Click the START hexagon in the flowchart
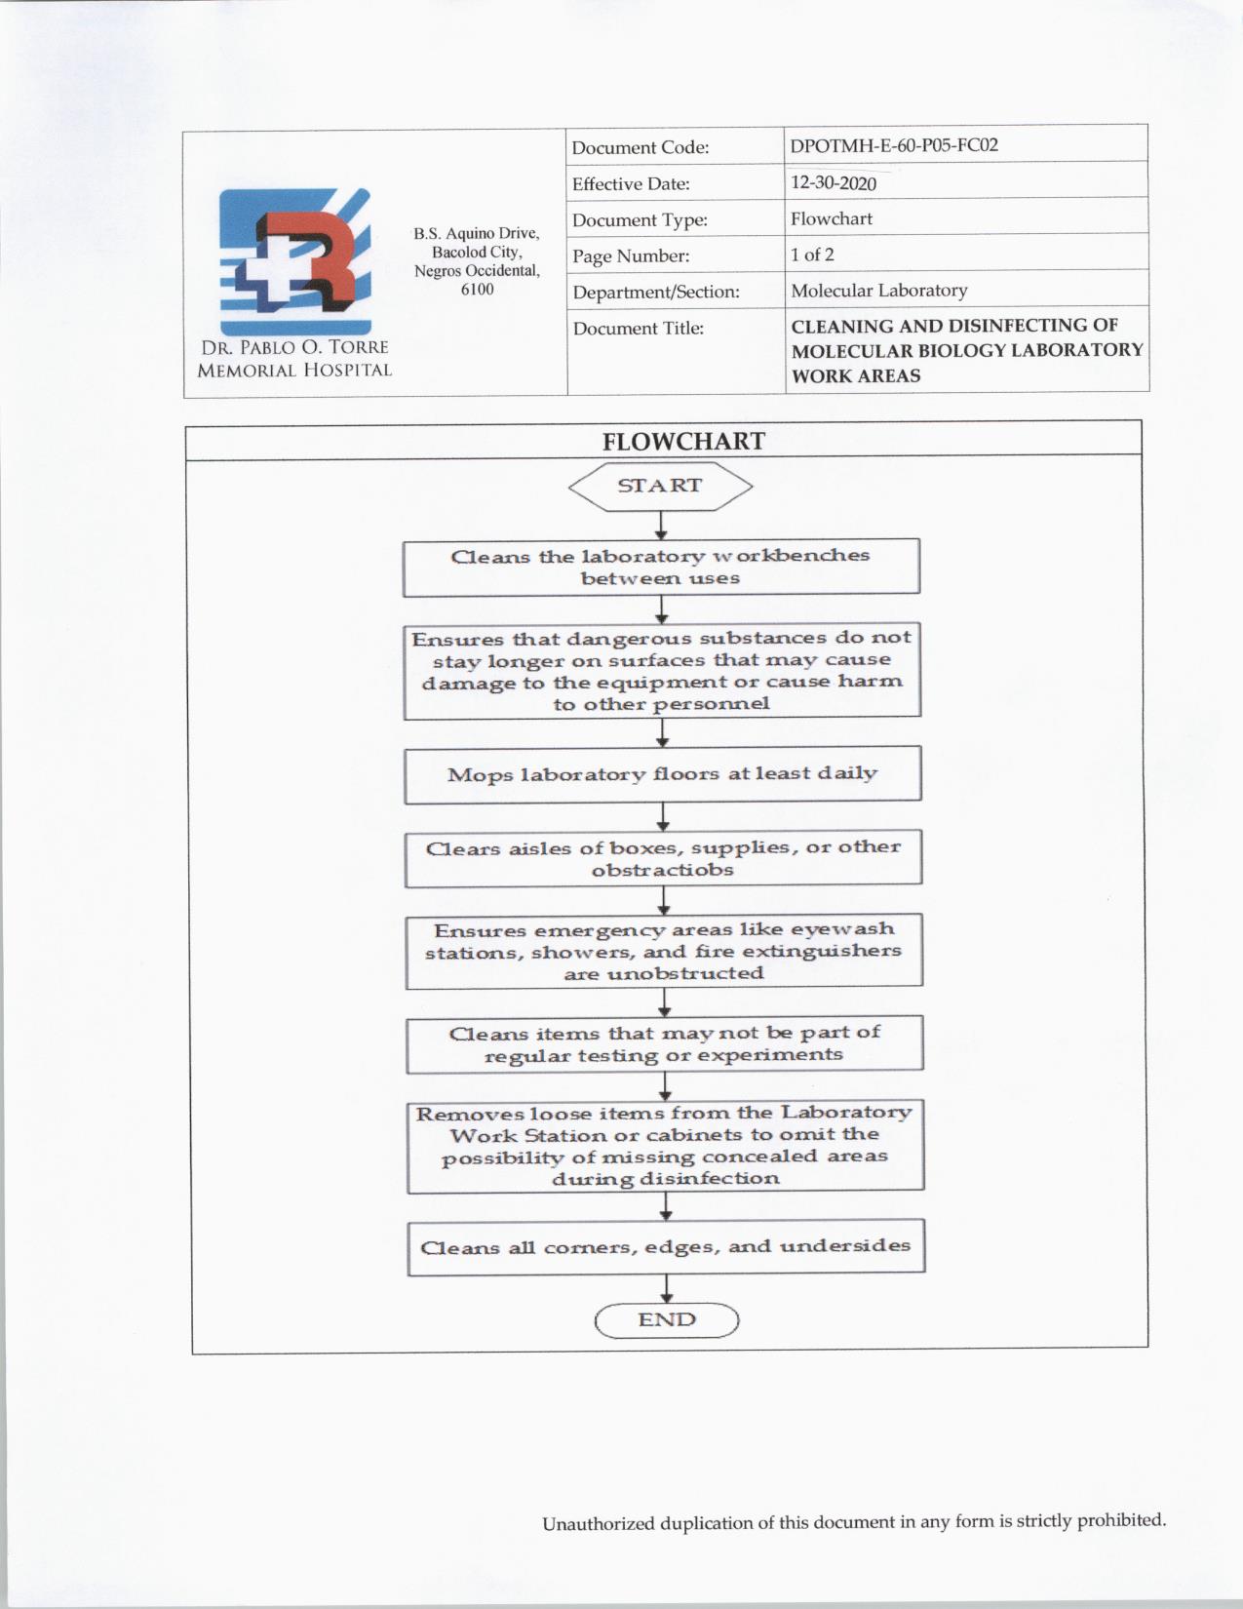pos(660,486)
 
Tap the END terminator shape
pos(667,1320)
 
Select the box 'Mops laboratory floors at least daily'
pos(663,774)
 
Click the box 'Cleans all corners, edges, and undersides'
pos(666,1247)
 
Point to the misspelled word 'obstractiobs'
pos(662,870)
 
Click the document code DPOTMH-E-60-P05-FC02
pos(894,146)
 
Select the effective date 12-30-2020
pos(834,183)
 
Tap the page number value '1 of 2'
pos(812,255)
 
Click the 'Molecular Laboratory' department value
pos(878,291)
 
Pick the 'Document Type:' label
pos(640,220)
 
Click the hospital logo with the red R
pos(295,261)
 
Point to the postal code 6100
pos(477,290)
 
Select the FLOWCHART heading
pos(683,442)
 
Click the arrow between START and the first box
pos(661,526)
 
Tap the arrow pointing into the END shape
pos(667,1288)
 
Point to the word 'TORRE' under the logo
pos(357,347)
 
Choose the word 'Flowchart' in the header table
pos(832,218)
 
